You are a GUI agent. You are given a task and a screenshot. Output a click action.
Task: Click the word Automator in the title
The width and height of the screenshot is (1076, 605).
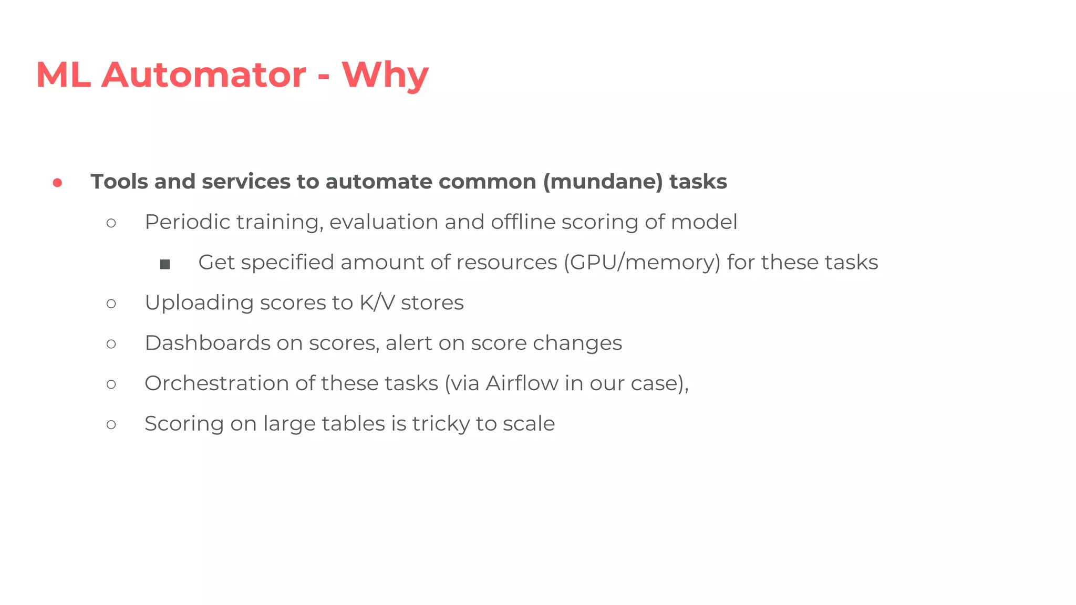pyautogui.click(x=203, y=75)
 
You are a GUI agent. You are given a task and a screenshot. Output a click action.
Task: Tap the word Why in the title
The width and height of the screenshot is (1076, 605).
pyautogui.click(x=385, y=75)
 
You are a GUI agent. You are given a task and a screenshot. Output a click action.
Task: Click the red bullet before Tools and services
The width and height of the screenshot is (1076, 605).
pyautogui.click(x=58, y=183)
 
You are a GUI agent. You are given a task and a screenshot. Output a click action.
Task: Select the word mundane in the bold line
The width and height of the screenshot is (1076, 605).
pyautogui.click(x=603, y=182)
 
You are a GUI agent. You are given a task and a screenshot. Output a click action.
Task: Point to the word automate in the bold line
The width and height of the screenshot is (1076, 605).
pyautogui.click(x=379, y=182)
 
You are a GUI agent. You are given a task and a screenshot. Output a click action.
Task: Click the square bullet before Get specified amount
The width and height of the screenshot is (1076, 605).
pyautogui.click(x=165, y=264)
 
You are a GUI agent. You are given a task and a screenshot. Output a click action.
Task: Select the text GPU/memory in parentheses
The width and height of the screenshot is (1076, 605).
pyautogui.click(x=642, y=263)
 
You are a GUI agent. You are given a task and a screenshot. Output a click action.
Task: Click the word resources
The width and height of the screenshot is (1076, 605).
pyautogui.click(x=506, y=263)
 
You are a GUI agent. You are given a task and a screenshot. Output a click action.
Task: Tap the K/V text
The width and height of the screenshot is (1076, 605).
pyautogui.click(x=377, y=303)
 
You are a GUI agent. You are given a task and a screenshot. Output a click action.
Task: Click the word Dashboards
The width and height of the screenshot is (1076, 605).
pyautogui.click(x=208, y=343)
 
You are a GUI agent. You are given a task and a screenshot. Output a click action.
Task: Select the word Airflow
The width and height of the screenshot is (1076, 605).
pyautogui.click(x=522, y=383)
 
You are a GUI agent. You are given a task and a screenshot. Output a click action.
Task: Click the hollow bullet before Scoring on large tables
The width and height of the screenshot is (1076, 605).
pyautogui.click(x=111, y=424)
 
